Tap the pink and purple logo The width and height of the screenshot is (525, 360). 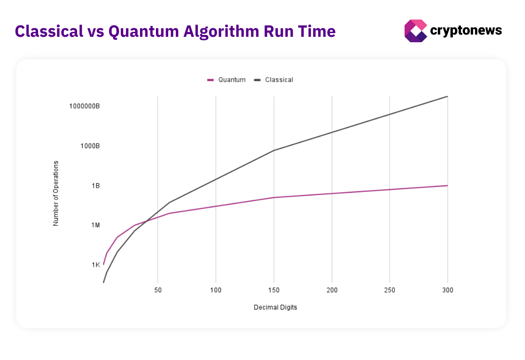tap(415, 31)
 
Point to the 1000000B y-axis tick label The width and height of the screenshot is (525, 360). tap(85, 106)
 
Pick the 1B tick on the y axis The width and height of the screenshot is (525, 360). tap(95, 186)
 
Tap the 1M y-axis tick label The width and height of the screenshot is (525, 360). tap(95, 225)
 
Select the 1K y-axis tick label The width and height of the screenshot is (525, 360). tap(96, 265)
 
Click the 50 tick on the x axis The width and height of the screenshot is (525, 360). tap(158, 290)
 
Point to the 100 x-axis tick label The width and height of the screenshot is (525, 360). tap(216, 290)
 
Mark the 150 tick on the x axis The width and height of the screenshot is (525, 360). tap(274, 290)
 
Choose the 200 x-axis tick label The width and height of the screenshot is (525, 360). tap(332, 290)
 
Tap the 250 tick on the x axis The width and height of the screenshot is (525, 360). tap(390, 290)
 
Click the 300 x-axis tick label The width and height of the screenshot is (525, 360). tap(448, 290)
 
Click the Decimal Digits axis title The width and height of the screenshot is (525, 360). tap(275, 307)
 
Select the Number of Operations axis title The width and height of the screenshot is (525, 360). tap(56, 193)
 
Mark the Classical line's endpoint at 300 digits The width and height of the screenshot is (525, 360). tap(448, 96)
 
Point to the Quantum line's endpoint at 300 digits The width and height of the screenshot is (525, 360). tap(448, 185)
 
